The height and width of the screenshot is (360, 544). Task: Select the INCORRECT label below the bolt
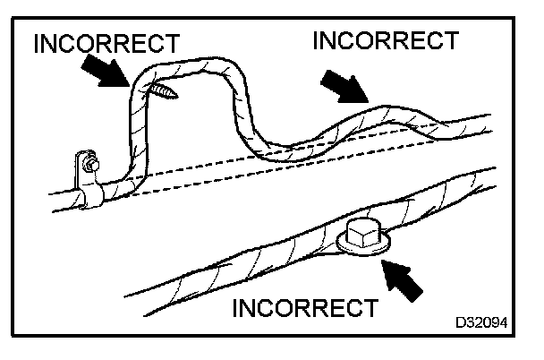pyautogui.click(x=304, y=309)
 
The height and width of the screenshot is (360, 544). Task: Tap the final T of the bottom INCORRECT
pyautogui.click(x=369, y=309)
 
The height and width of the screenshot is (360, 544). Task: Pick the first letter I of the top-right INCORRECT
pyautogui.click(x=317, y=41)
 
